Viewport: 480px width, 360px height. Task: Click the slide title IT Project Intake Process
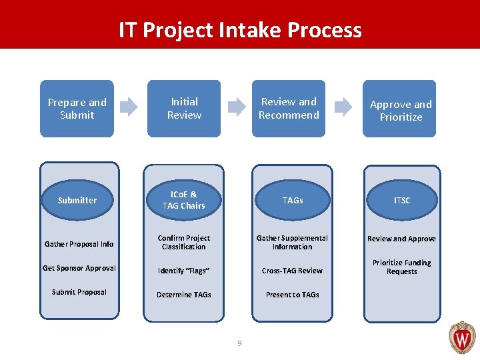pyautogui.click(x=240, y=30)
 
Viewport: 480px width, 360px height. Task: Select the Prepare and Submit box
pyautogui.click(x=77, y=109)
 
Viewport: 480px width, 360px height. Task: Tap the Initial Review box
pyautogui.click(x=184, y=109)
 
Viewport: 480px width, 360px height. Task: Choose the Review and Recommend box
pyautogui.click(x=289, y=109)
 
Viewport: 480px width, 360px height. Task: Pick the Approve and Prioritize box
pyautogui.click(x=400, y=110)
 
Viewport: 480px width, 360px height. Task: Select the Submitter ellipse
pyautogui.click(x=77, y=200)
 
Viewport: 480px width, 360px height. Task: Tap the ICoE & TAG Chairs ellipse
pyautogui.click(x=183, y=200)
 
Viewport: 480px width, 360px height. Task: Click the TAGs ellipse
pyautogui.click(x=292, y=200)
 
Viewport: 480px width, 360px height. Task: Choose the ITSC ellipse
pyautogui.click(x=402, y=200)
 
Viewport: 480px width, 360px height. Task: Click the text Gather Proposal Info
pyautogui.click(x=79, y=244)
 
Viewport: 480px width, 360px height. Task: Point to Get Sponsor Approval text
pyautogui.click(x=79, y=268)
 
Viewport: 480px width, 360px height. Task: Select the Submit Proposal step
pyautogui.click(x=79, y=292)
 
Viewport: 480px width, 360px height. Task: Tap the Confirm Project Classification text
pyautogui.click(x=183, y=242)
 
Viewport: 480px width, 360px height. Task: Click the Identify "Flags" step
pyautogui.click(x=183, y=271)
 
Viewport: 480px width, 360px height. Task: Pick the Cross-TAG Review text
pyautogui.click(x=292, y=271)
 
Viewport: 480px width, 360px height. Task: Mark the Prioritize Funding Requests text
pyautogui.click(x=401, y=267)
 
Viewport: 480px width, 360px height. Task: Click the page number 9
pyautogui.click(x=240, y=343)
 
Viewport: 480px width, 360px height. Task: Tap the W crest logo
pyautogui.click(x=462, y=337)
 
